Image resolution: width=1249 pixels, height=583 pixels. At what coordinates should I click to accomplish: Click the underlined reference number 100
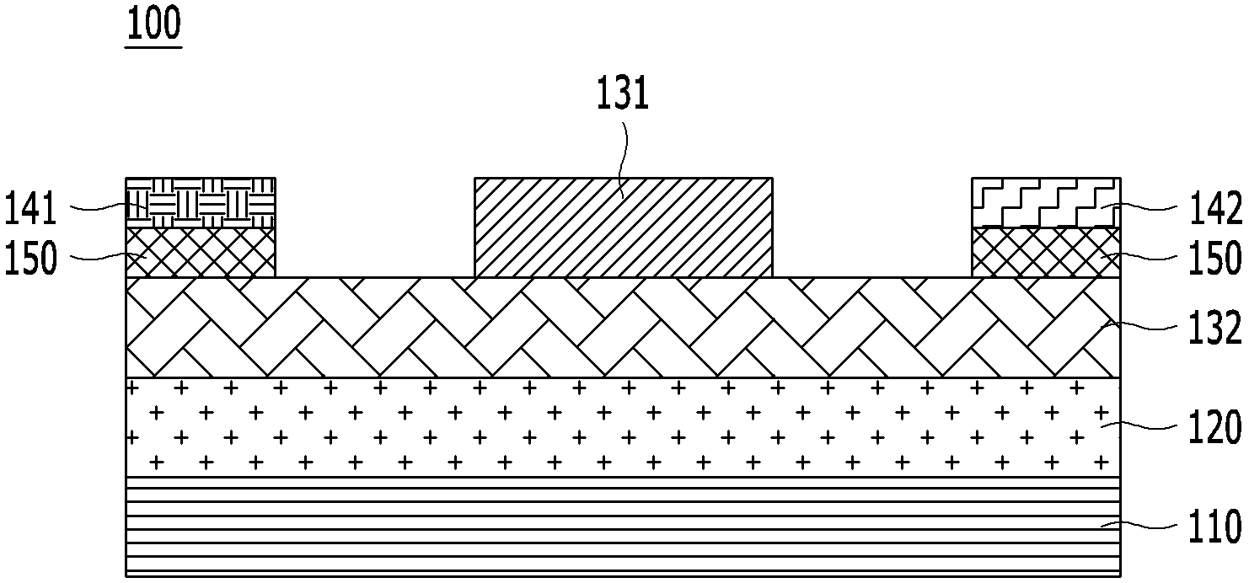click(x=154, y=24)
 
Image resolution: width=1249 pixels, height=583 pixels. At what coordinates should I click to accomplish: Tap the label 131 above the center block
click(x=623, y=94)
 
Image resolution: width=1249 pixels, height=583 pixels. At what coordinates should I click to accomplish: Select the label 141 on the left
click(x=30, y=209)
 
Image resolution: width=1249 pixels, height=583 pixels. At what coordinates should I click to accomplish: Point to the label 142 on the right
click(x=1215, y=209)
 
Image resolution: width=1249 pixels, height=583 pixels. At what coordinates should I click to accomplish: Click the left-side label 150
click(x=30, y=259)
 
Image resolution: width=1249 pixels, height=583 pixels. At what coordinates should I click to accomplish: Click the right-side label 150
click(x=1215, y=259)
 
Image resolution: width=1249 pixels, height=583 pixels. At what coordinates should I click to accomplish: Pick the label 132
click(x=1215, y=329)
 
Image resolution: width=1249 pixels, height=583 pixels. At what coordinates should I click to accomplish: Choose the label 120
click(x=1215, y=428)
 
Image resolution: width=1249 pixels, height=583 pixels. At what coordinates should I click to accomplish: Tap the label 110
click(x=1215, y=527)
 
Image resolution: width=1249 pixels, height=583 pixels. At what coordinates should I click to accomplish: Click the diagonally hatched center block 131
click(x=624, y=227)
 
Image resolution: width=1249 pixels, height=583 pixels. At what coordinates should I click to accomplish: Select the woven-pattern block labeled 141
click(x=201, y=202)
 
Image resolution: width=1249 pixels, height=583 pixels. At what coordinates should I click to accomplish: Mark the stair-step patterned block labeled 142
click(x=1046, y=202)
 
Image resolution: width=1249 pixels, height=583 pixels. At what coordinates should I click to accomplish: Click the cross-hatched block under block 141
click(x=201, y=253)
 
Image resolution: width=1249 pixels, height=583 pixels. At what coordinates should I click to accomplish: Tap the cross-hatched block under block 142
click(x=1046, y=253)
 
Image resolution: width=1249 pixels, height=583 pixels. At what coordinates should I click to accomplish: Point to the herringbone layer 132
click(x=624, y=328)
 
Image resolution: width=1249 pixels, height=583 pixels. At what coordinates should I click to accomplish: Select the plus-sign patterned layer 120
click(x=624, y=427)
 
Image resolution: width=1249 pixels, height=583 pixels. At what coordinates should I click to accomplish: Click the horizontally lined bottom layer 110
click(x=624, y=527)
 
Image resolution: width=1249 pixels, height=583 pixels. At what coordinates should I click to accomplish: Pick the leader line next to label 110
click(x=1139, y=526)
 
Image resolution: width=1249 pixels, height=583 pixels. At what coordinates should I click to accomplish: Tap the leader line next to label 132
click(x=1139, y=325)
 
